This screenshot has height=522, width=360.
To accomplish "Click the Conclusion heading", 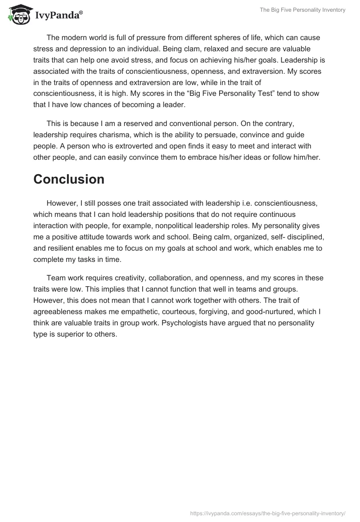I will (x=69, y=179).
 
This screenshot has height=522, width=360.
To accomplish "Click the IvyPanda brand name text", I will (x=58, y=16).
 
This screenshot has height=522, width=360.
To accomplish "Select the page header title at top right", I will (x=302, y=10).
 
